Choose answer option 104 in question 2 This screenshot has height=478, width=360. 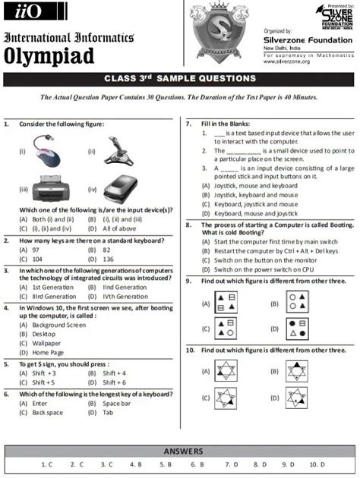click(x=33, y=259)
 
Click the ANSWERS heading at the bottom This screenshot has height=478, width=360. click(x=179, y=451)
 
